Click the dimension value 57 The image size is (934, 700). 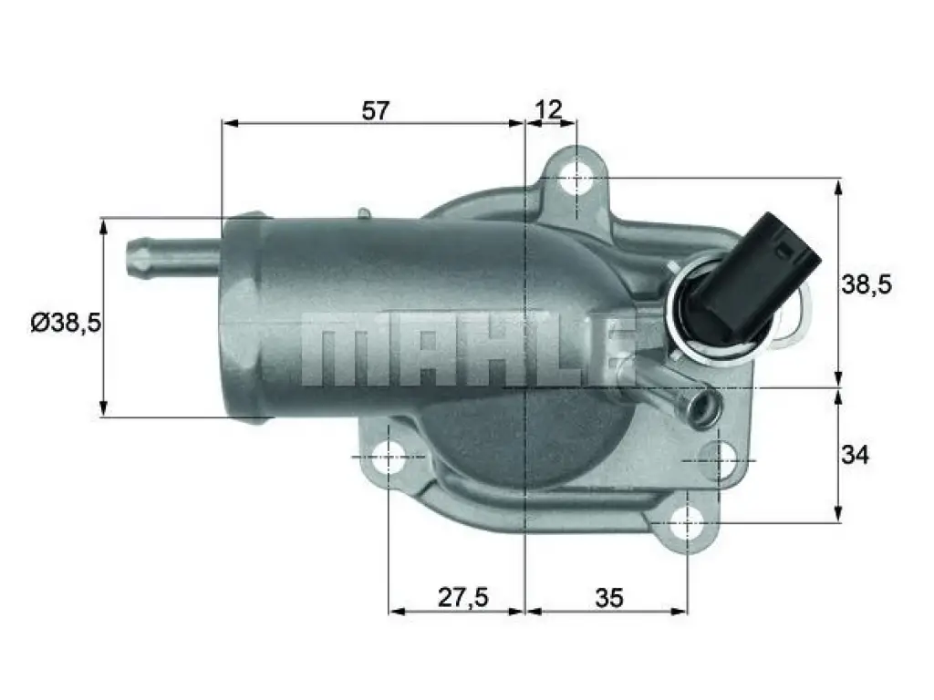pyautogui.click(x=375, y=110)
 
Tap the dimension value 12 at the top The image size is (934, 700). pyautogui.click(x=548, y=110)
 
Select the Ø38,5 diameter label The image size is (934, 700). pyautogui.click(x=66, y=324)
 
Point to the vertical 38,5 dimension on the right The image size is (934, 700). pyautogui.click(x=867, y=285)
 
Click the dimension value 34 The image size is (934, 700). pyautogui.click(x=855, y=456)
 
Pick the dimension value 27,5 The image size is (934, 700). pyautogui.click(x=463, y=597)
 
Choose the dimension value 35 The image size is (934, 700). pyautogui.click(x=608, y=597)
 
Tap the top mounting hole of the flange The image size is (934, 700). pyautogui.click(x=576, y=177)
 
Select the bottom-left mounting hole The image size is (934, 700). pyautogui.click(x=389, y=458)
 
